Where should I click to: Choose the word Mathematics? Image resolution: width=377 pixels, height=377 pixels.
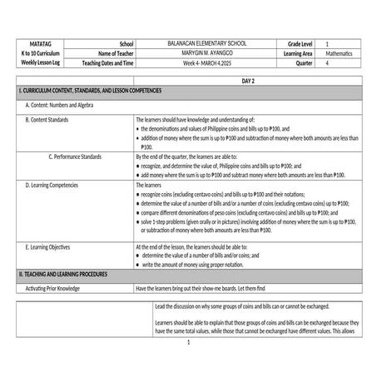[339, 52]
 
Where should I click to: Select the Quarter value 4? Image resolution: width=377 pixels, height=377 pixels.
[327, 62]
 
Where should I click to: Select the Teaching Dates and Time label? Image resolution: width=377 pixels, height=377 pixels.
[107, 62]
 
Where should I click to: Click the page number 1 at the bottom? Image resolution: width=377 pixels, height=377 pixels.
[189, 342]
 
